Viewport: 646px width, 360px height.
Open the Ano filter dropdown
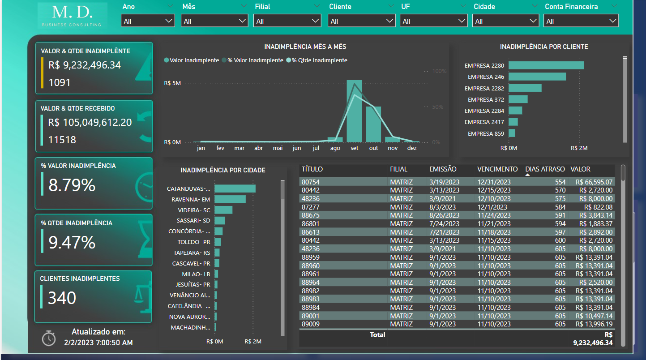click(148, 21)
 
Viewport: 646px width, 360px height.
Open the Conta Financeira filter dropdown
click(581, 21)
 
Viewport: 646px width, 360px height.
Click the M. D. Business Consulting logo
click(72, 16)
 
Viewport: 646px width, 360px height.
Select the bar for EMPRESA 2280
click(546, 65)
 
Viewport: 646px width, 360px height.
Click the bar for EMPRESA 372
click(518, 99)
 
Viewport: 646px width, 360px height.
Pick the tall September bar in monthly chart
click(354, 111)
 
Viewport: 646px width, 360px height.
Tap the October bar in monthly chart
click(373, 124)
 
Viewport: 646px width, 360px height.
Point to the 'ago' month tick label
click(335, 148)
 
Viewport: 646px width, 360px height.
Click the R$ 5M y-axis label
click(172, 83)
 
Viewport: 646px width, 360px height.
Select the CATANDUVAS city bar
click(235, 189)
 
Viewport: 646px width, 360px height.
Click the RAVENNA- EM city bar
click(230, 199)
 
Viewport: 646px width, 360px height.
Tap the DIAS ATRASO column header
click(545, 169)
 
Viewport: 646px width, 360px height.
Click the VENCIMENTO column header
click(497, 169)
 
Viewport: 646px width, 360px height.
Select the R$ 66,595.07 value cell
click(594, 182)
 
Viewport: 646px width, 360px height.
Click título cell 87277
click(311, 207)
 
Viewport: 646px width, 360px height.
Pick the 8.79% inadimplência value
click(72, 185)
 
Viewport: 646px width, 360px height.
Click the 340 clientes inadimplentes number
click(62, 298)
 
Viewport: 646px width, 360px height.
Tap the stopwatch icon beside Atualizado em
click(49, 338)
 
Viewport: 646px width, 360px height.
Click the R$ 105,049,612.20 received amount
click(90, 122)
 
